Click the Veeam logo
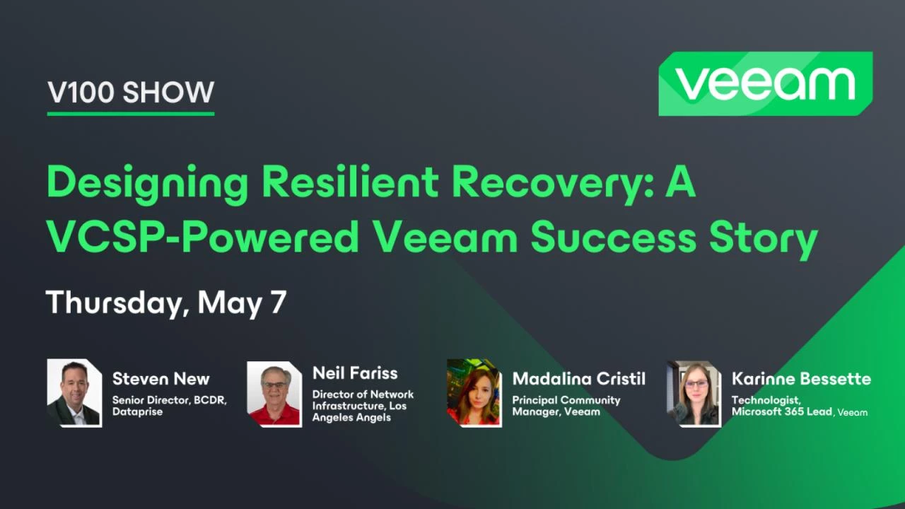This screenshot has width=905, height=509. click(x=766, y=83)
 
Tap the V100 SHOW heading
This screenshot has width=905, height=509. click(x=131, y=92)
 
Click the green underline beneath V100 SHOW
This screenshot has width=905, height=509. click(x=131, y=114)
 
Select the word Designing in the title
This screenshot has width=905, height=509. click(x=148, y=185)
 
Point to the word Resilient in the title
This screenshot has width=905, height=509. click(x=351, y=182)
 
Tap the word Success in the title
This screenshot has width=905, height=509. click(x=613, y=237)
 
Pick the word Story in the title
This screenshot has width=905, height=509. click(x=764, y=240)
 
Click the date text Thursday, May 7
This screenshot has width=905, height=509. click(x=166, y=303)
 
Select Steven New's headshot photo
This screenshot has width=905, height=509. click(x=75, y=393)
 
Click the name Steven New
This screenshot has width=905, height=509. click(x=160, y=379)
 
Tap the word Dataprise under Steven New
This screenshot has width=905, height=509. click(x=137, y=411)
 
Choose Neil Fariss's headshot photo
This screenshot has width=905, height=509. click(x=275, y=394)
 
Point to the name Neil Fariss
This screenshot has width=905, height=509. click(x=355, y=373)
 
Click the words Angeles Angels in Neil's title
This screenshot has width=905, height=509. click(x=351, y=417)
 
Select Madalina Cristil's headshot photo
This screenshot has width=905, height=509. click(x=474, y=393)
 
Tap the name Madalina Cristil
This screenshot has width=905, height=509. click(x=579, y=379)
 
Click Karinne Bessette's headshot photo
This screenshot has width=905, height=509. click(x=694, y=394)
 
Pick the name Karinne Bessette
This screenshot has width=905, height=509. click(x=802, y=379)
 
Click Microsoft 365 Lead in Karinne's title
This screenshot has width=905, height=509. click(x=782, y=411)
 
